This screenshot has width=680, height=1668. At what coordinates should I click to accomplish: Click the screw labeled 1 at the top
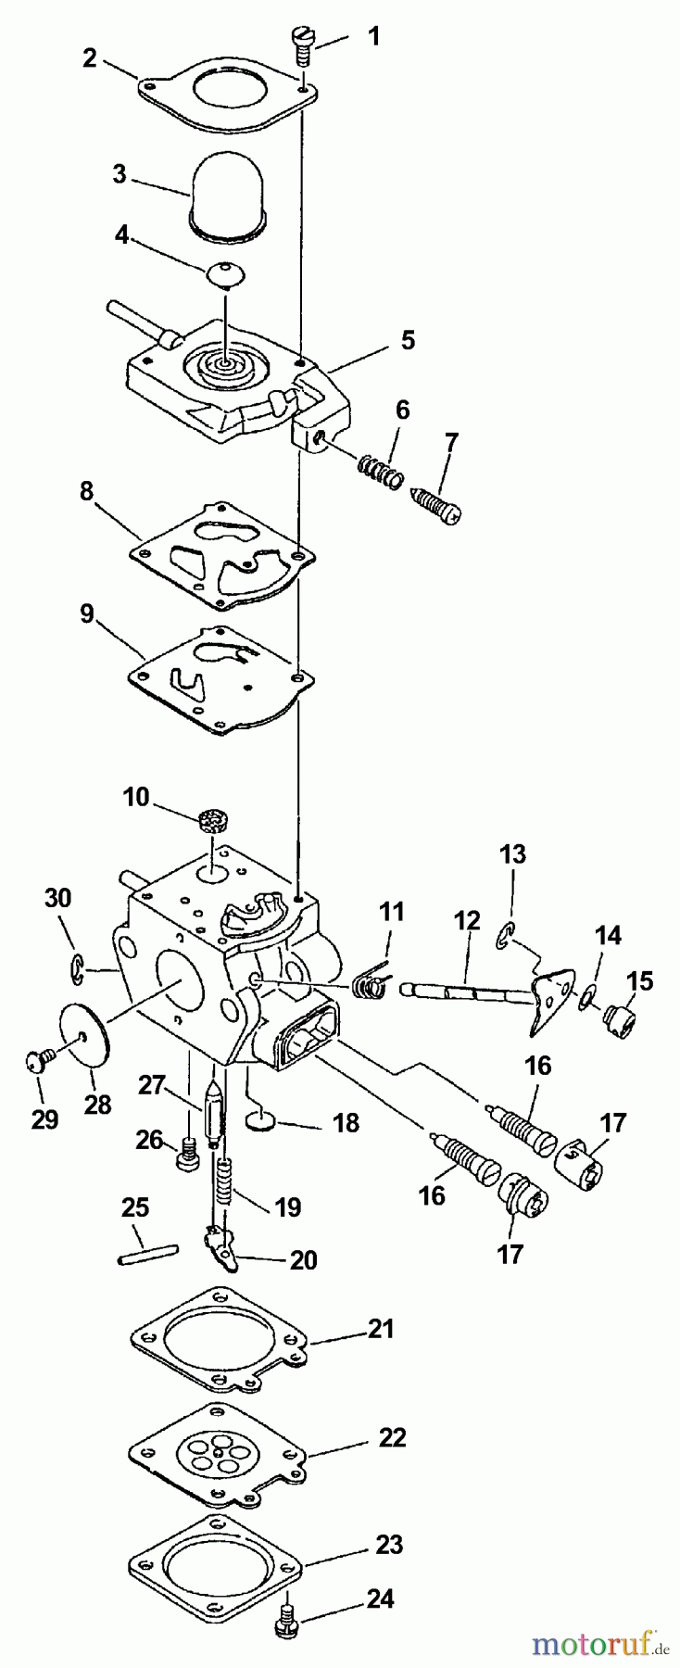[303, 44]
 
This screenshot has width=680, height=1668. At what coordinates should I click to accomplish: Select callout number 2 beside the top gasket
[90, 57]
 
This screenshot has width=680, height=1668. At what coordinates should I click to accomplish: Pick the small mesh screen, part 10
[213, 821]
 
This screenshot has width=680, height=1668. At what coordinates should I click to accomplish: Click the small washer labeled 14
[586, 996]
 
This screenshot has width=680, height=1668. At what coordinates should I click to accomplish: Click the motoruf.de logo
[601, 1645]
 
